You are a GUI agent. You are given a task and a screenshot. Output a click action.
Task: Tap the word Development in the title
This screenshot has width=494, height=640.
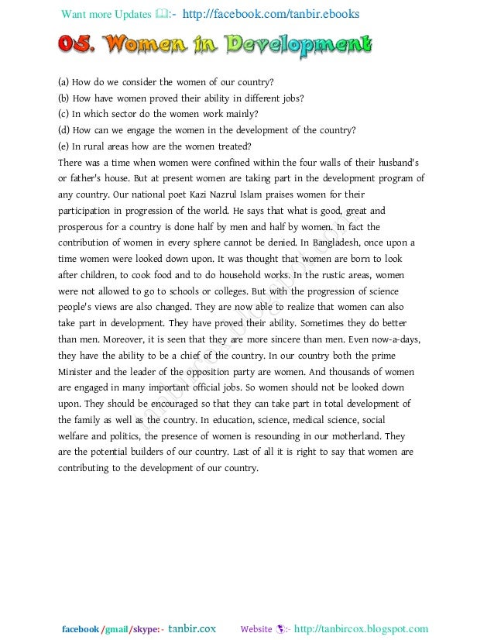(x=300, y=46)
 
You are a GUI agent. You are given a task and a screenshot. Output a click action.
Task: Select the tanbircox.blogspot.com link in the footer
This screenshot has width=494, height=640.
(x=361, y=629)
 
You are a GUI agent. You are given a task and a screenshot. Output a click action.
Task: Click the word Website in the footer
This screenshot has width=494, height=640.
(x=256, y=629)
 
